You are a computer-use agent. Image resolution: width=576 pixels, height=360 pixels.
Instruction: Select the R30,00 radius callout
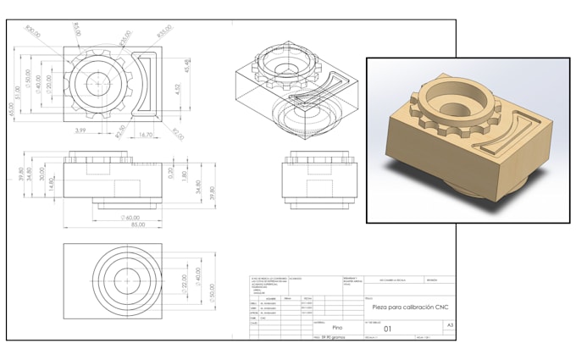(34, 32)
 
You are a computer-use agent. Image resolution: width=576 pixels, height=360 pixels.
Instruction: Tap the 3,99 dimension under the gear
(80, 130)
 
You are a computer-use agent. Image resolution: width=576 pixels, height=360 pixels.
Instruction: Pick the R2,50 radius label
(120, 130)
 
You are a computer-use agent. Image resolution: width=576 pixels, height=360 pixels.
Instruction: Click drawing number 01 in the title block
(389, 329)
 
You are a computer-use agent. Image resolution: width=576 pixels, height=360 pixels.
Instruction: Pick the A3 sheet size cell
(450, 324)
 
